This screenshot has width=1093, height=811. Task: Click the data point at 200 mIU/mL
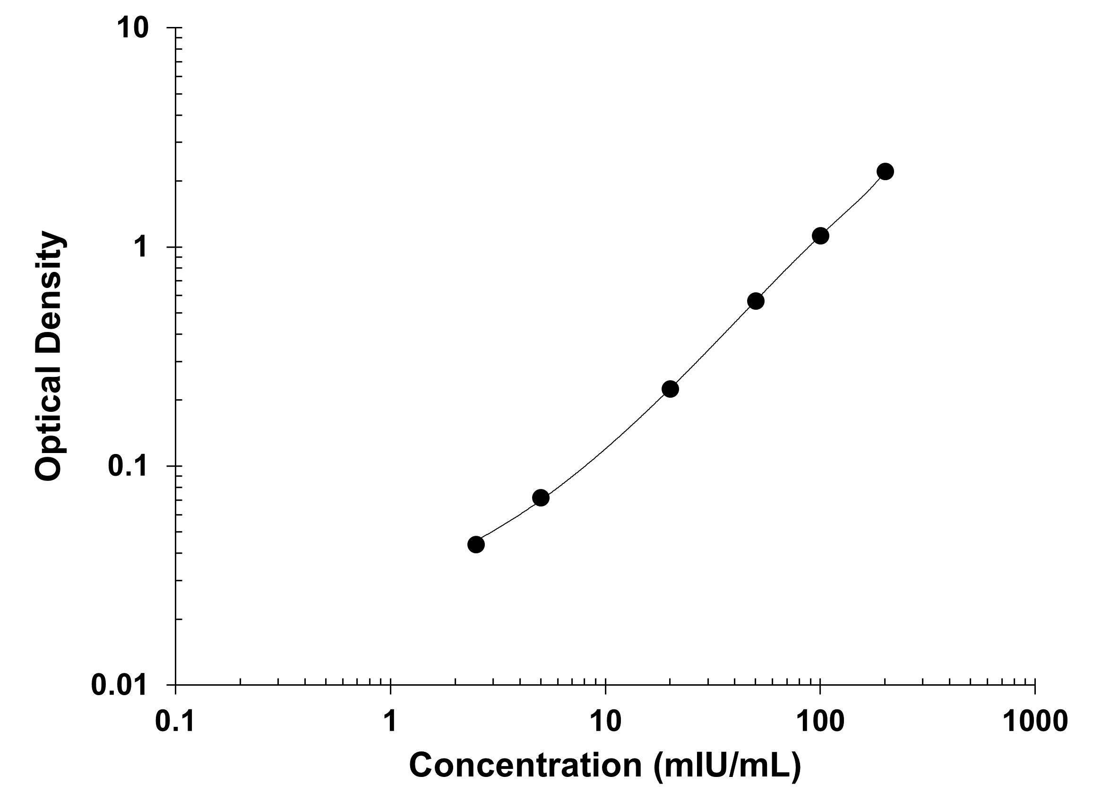[x=885, y=171]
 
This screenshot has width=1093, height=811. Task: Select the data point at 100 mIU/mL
[x=820, y=235]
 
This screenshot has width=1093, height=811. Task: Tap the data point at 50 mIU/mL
[x=756, y=301]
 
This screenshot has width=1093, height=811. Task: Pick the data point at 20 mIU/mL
[x=670, y=389]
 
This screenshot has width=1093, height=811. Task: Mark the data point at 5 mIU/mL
[x=541, y=498]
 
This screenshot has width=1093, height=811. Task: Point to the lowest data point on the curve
[x=476, y=544]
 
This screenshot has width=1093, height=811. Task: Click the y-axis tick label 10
[x=132, y=28]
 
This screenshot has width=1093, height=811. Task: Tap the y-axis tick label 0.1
[x=128, y=466]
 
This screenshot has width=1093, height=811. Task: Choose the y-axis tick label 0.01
[x=119, y=685]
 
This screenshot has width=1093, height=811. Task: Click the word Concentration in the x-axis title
[x=525, y=765]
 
